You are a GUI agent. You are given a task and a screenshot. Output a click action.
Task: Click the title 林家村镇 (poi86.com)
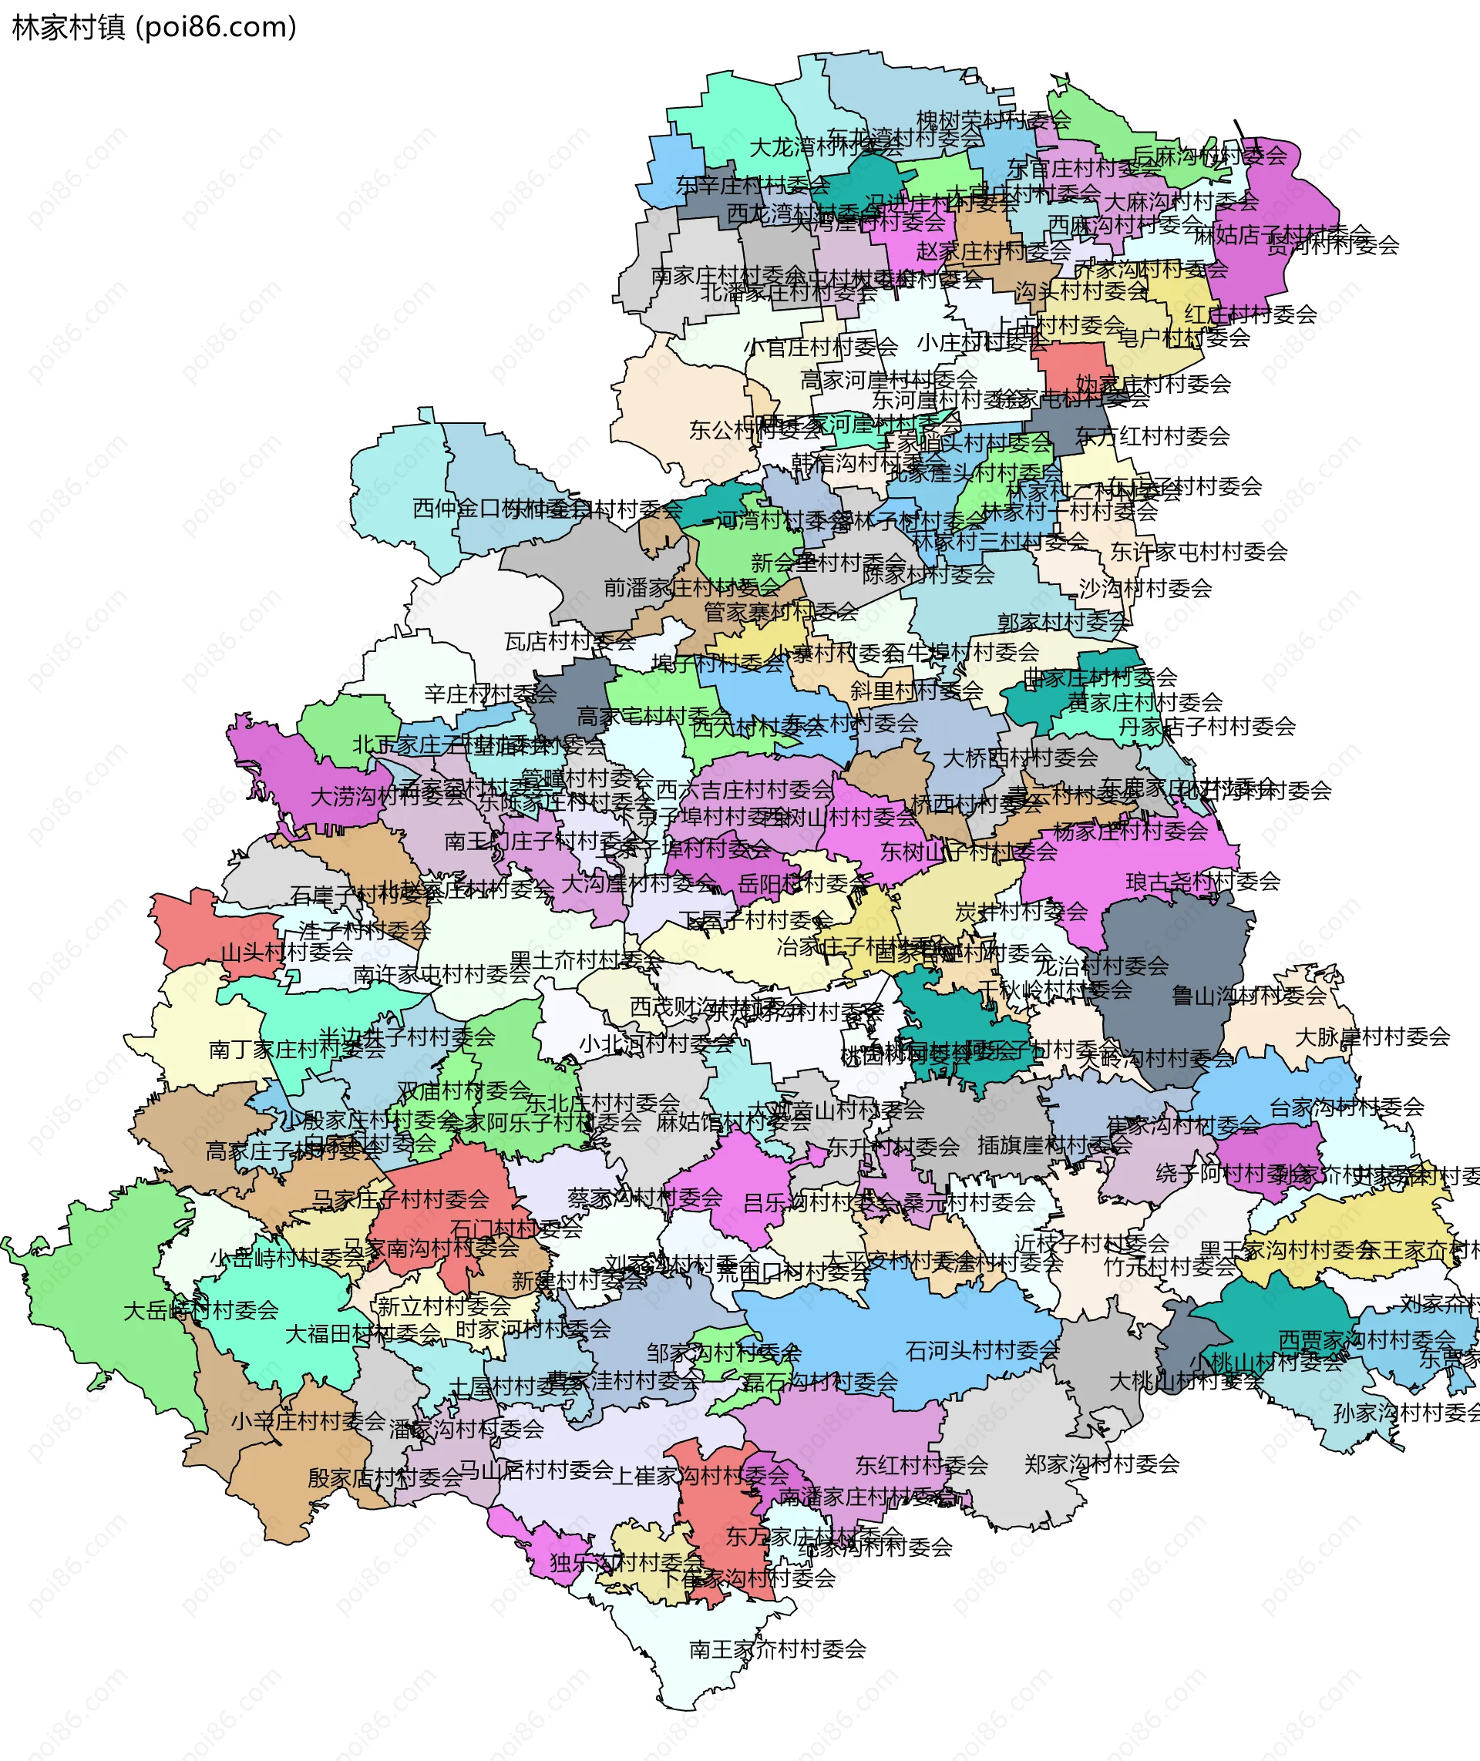(x=154, y=27)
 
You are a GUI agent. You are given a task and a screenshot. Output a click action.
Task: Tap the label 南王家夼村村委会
(x=777, y=1649)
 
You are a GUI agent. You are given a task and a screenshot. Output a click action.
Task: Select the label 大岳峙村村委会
(x=200, y=1310)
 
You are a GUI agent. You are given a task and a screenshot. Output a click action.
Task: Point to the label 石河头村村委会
(x=983, y=1351)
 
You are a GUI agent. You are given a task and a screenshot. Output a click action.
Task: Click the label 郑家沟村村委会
(x=1102, y=1464)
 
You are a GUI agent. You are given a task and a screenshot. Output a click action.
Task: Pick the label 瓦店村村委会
(x=570, y=642)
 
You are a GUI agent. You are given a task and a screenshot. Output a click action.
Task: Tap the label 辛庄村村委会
(x=490, y=694)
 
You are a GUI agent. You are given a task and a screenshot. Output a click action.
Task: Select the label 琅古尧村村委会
(x=1202, y=881)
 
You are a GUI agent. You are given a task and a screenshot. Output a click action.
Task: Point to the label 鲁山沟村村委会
(x=1249, y=996)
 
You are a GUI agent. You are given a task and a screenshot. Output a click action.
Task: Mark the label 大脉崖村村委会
(x=1372, y=1037)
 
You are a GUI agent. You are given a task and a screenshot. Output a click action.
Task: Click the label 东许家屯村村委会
(x=1198, y=551)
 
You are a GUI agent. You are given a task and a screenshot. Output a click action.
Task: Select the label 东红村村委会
(x=921, y=1465)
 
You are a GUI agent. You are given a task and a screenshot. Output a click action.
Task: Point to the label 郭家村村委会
(x=1062, y=622)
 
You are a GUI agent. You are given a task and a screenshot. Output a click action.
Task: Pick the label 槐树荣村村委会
(x=993, y=120)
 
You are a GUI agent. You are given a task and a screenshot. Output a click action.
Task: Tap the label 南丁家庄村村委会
(x=296, y=1050)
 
